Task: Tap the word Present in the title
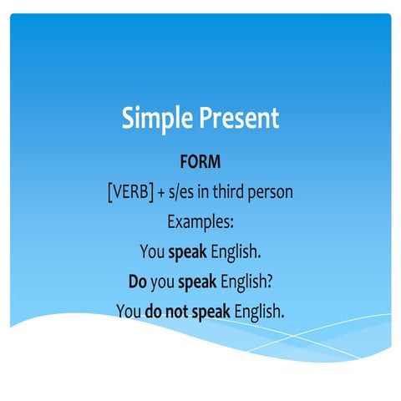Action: click(238, 118)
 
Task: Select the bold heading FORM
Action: click(200, 163)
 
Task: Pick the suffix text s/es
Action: click(183, 193)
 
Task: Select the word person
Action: click(273, 193)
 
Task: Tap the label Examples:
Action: click(200, 223)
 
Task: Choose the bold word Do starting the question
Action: click(138, 282)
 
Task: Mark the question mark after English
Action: click(268, 282)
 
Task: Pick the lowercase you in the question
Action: click(165, 282)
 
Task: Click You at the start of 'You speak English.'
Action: click(153, 252)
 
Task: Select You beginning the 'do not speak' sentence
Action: click(129, 312)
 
